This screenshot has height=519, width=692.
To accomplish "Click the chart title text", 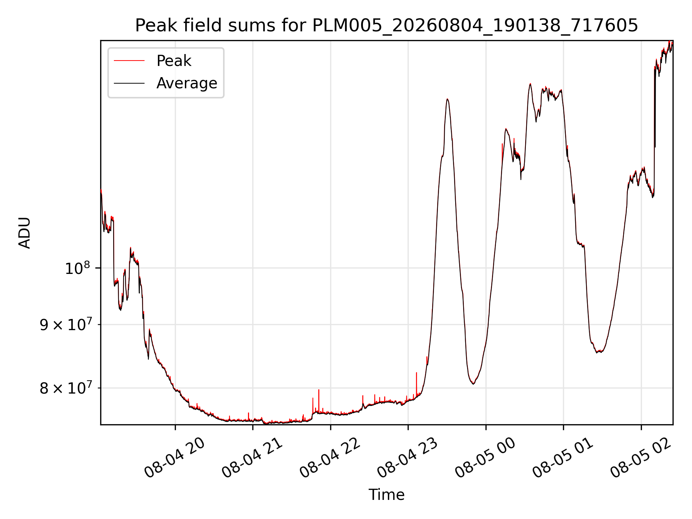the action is pyautogui.click(x=386, y=26).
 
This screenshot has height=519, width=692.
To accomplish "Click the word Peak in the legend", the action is pyautogui.click(x=174, y=61).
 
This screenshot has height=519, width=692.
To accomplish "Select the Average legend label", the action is pyautogui.click(x=187, y=83).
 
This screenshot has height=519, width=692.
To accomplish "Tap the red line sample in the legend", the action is pyautogui.click(x=129, y=61).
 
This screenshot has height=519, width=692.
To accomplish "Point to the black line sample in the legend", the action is pyautogui.click(x=129, y=83).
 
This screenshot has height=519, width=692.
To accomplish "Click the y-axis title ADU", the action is pyautogui.click(x=25, y=232).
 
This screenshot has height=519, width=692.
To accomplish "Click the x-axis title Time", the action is pyautogui.click(x=386, y=495).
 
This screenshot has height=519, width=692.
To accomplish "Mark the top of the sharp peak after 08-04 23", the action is pyautogui.click(x=447, y=99).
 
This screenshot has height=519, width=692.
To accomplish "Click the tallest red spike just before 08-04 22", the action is pyautogui.click(x=319, y=390).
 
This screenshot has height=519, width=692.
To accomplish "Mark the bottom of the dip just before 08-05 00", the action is pyautogui.click(x=473, y=384).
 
